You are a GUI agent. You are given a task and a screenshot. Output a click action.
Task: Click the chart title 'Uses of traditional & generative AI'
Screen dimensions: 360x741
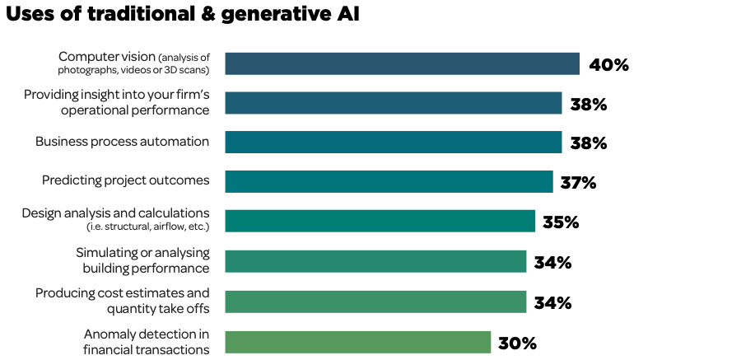[182, 14]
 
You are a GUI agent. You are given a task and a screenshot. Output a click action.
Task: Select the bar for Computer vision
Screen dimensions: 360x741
[402, 63]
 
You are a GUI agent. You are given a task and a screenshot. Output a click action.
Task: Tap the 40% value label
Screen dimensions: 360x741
[608, 64]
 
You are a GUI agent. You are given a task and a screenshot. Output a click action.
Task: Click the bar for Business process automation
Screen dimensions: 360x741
[393, 142]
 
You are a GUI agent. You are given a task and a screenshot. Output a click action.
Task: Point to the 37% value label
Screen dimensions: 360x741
[577, 182]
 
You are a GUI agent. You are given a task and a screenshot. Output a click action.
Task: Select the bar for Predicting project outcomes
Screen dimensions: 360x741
[389, 181]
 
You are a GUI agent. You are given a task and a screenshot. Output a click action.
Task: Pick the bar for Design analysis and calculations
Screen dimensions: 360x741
[380, 221]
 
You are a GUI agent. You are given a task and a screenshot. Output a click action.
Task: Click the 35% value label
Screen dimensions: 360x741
[561, 222]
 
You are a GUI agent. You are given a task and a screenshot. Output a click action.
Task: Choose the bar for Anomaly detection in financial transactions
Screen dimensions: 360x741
[357, 342]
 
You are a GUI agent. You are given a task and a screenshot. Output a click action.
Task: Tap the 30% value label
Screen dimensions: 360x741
[517, 343]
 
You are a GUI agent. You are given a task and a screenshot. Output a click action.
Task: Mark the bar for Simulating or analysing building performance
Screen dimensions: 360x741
[375, 261]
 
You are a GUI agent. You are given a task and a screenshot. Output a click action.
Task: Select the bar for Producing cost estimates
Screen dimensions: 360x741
[375, 302]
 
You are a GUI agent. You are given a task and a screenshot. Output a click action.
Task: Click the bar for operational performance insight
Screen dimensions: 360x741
[393, 103]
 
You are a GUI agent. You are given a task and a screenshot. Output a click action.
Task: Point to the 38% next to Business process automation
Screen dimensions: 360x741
[588, 143]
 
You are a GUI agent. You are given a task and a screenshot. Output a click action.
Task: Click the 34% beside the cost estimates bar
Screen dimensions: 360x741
[552, 302]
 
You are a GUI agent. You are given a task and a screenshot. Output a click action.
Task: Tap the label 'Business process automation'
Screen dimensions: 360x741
[122, 142]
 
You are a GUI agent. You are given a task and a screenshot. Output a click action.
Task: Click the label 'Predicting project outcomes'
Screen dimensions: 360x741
[125, 180]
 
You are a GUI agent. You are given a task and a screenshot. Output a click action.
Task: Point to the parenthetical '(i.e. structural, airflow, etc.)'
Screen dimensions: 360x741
[147, 227]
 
